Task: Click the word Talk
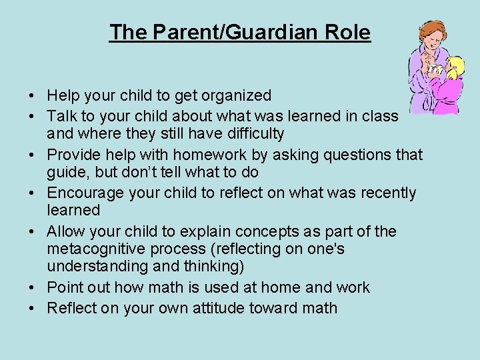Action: tap(62, 115)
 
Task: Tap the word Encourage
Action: tap(86, 193)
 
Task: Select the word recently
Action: tap(383, 193)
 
